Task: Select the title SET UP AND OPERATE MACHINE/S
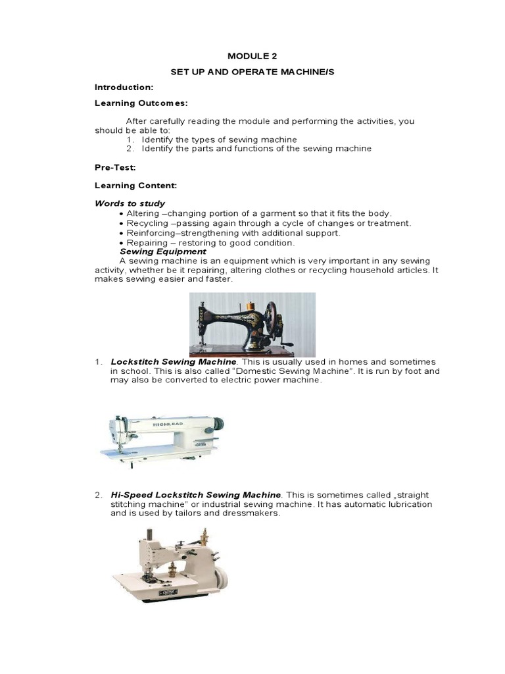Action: (x=252, y=71)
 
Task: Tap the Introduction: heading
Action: (x=124, y=87)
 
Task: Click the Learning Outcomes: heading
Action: (x=141, y=103)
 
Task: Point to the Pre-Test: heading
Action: (x=115, y=168)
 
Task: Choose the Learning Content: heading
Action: (x=135, y=186)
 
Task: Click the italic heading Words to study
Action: (x=130, y=203)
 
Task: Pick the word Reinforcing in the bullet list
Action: (x=148, y=233)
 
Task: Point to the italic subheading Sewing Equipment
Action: (x=162, y=251)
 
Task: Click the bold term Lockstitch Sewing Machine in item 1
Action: (x=173, y=362)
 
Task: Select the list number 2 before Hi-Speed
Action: (x=97, y=494)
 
